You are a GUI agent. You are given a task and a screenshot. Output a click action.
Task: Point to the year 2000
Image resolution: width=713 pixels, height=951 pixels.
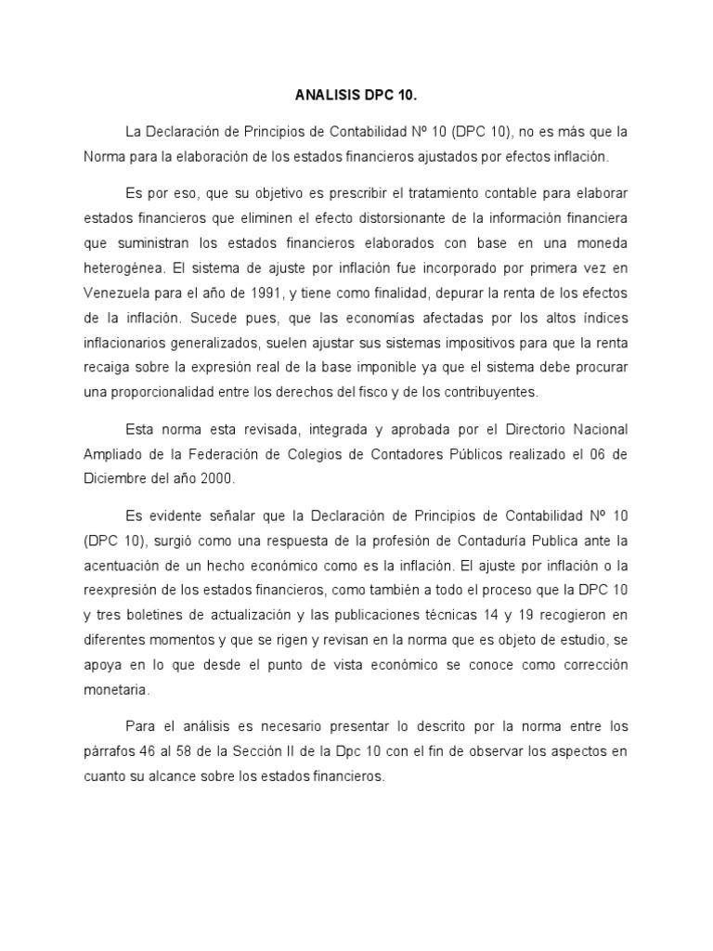pos(217,478)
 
